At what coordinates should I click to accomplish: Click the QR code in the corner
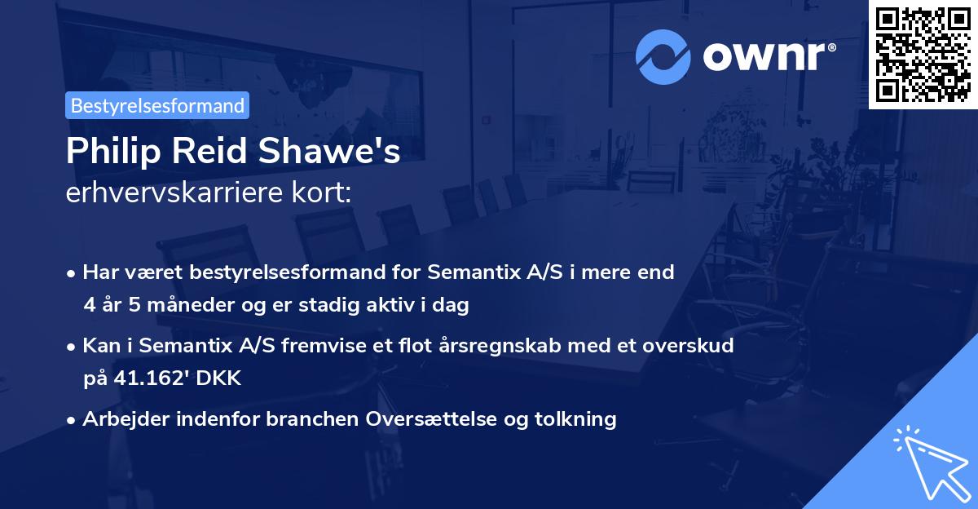pos(923,54)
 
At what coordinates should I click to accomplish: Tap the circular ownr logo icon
pos(663,56)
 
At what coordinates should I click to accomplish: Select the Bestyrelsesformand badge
pos(157,105)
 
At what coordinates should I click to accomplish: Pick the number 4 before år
pos(89,306)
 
